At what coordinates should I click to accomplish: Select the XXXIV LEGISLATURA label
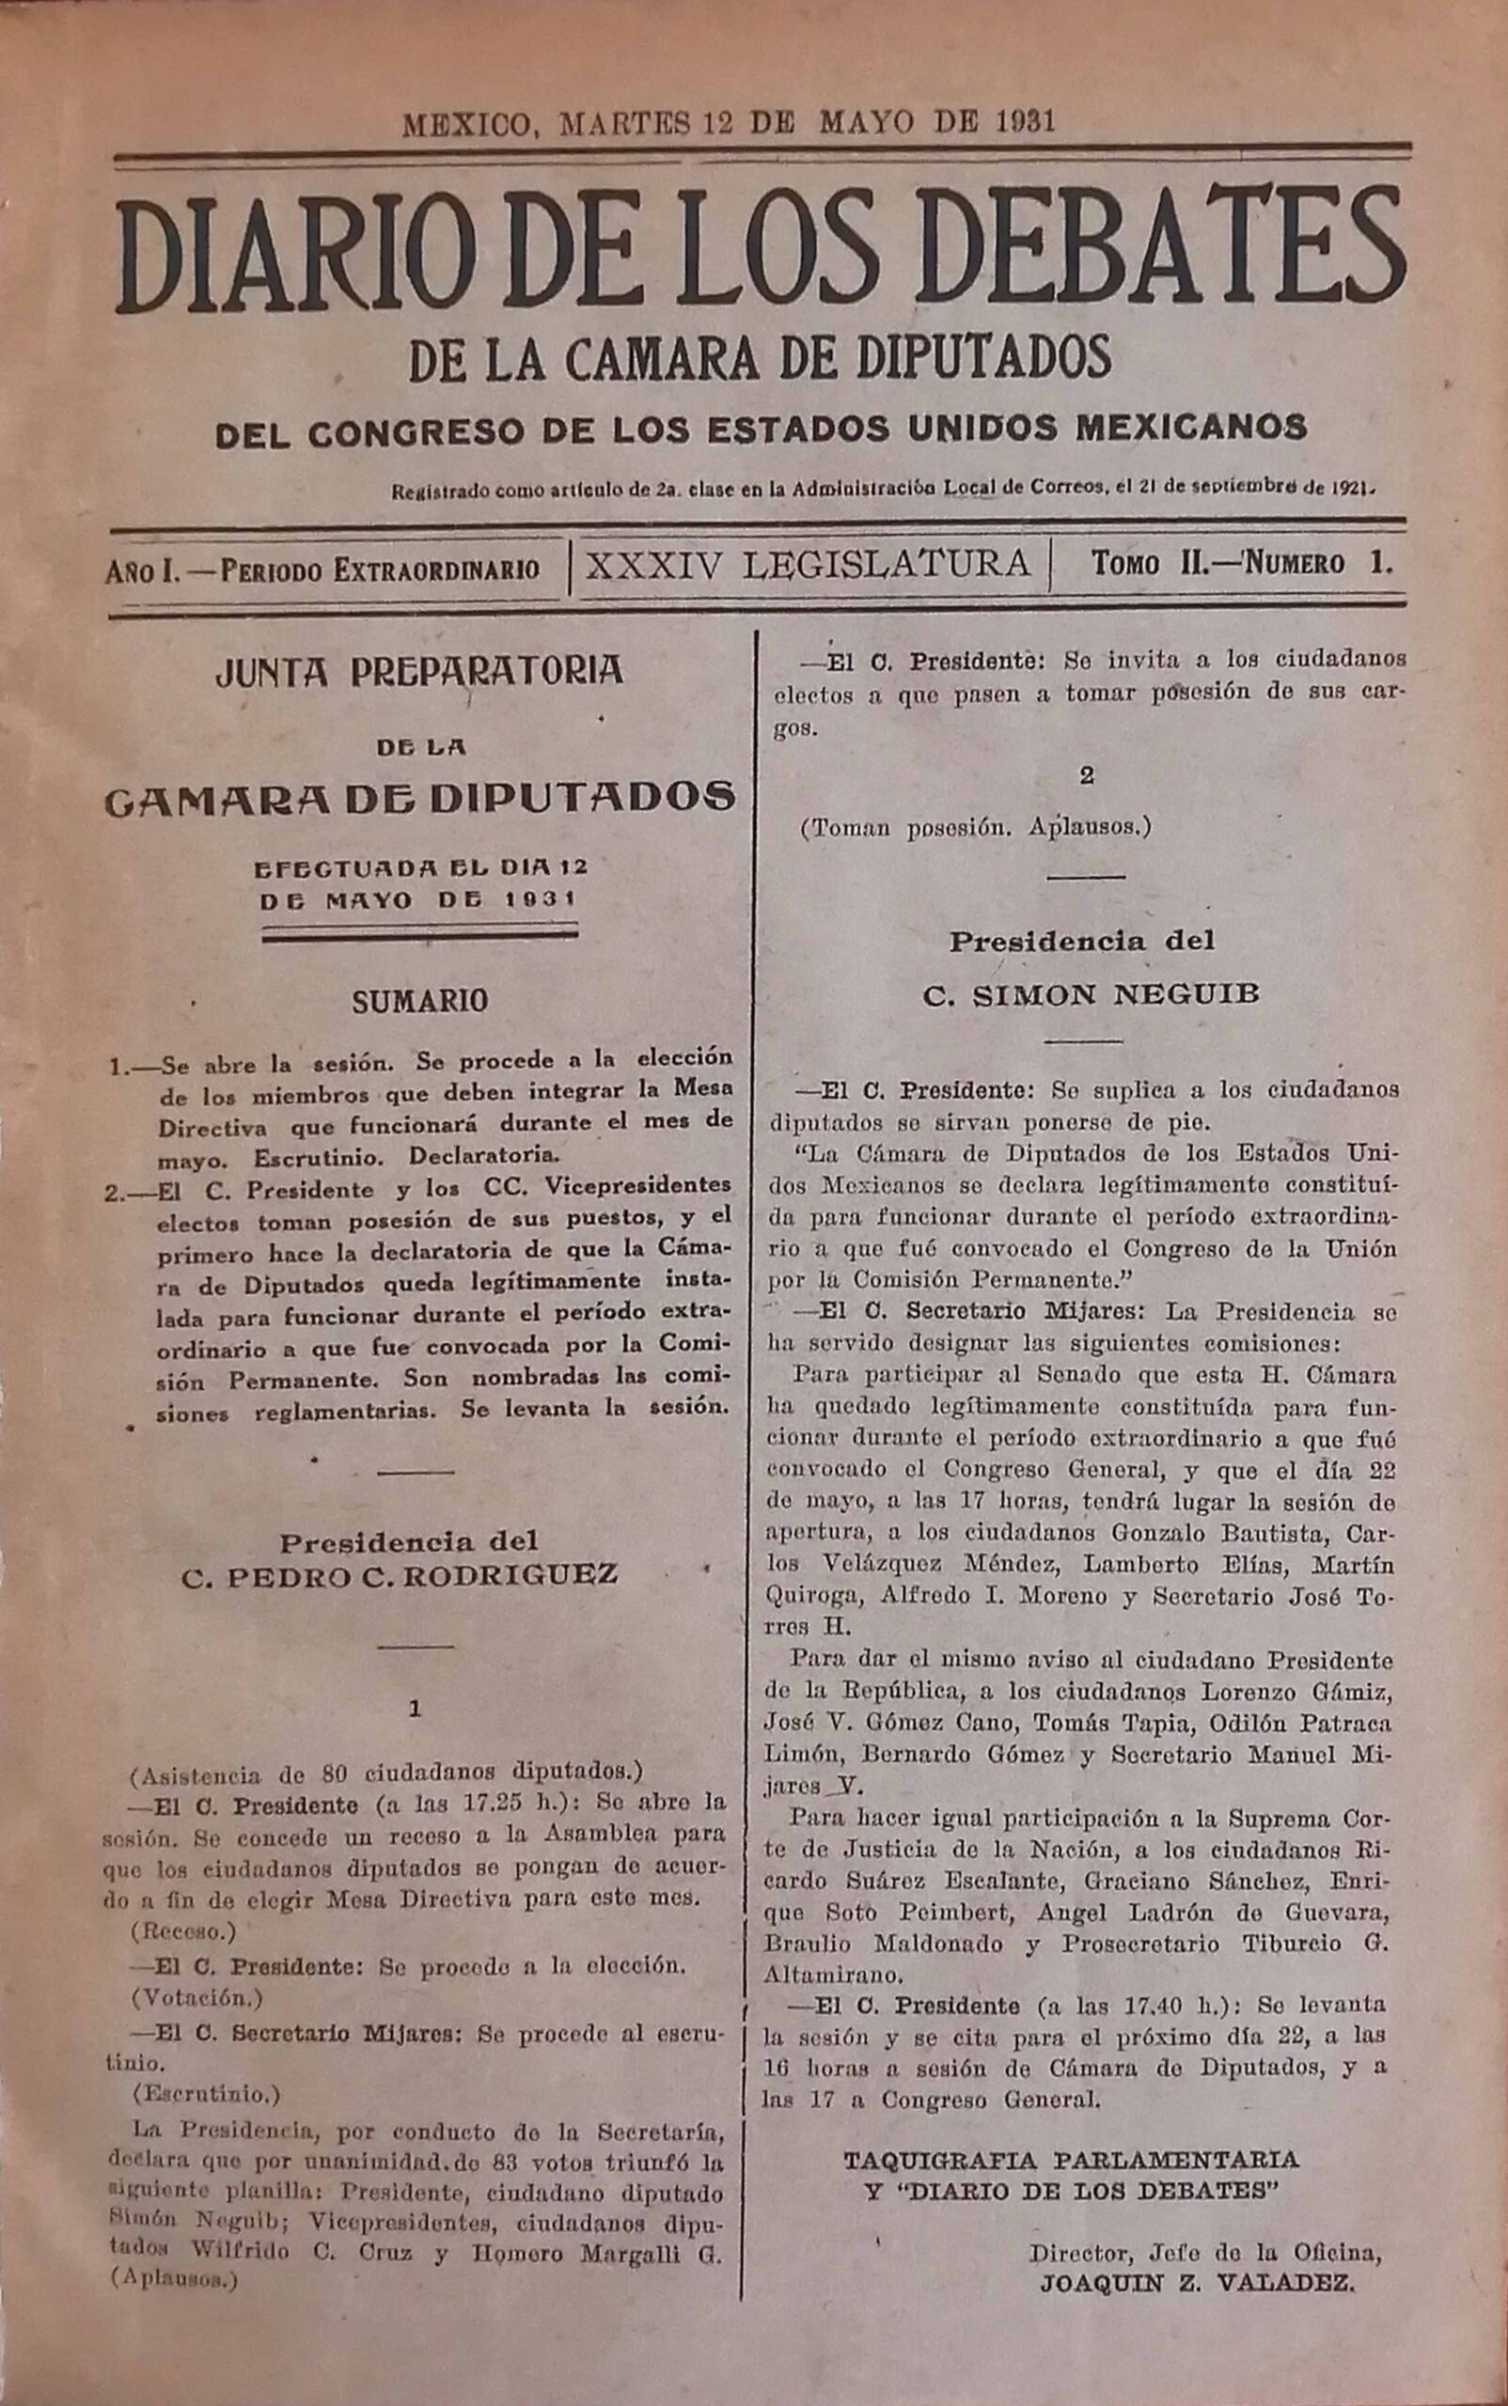(x=808, y=564)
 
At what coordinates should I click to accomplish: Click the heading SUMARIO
(x=420, y=1001)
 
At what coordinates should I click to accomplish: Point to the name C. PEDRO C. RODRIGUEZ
(x=400, y=1575)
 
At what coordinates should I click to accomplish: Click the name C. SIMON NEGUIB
(x=1091, y=994)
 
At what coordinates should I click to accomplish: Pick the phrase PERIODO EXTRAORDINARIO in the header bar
(x=380, y=570)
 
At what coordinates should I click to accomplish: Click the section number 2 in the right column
(x=1086, y=774)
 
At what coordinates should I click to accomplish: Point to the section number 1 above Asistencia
(x=415, y=1708)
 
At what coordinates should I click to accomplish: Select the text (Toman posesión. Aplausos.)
(x=976, y=828)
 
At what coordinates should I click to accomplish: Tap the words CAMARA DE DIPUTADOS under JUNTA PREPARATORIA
(x=420, y=798)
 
